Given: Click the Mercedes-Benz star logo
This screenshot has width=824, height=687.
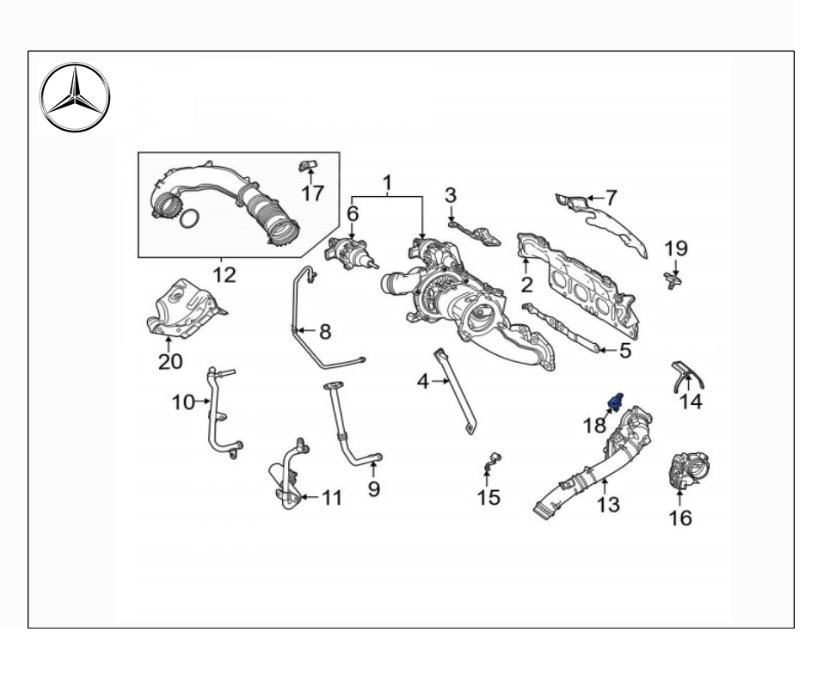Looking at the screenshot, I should coord(76,97).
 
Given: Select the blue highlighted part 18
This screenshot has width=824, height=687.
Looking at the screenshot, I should coord(616,400).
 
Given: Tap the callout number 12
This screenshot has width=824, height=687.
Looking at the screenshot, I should coord(224,275).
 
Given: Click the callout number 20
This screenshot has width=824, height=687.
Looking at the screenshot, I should coord(170,361).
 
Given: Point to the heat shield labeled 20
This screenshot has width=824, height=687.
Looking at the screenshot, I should coord(183,307).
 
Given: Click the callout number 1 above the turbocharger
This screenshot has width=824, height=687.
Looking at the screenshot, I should coord(387,182).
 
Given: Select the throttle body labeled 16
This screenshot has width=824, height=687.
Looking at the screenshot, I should coord(686,469).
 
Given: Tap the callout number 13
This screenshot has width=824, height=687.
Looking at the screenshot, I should coord(608,505).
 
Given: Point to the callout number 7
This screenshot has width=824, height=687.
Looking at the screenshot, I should coord(611,197).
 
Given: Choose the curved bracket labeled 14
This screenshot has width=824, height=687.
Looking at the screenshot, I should coord(688,375).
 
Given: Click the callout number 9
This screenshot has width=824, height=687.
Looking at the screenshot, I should coord(373,489).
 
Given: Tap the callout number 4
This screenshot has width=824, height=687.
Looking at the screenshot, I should coord(423,381).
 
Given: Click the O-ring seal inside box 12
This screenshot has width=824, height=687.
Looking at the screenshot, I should coord(190,221).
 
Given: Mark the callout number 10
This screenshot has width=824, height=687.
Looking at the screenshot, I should coord(183,402).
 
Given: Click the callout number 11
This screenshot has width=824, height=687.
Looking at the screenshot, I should coord(332,498).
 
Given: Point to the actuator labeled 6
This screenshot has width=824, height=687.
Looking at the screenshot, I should coord(351,255).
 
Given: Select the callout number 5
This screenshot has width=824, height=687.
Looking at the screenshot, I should coord(625,350).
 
